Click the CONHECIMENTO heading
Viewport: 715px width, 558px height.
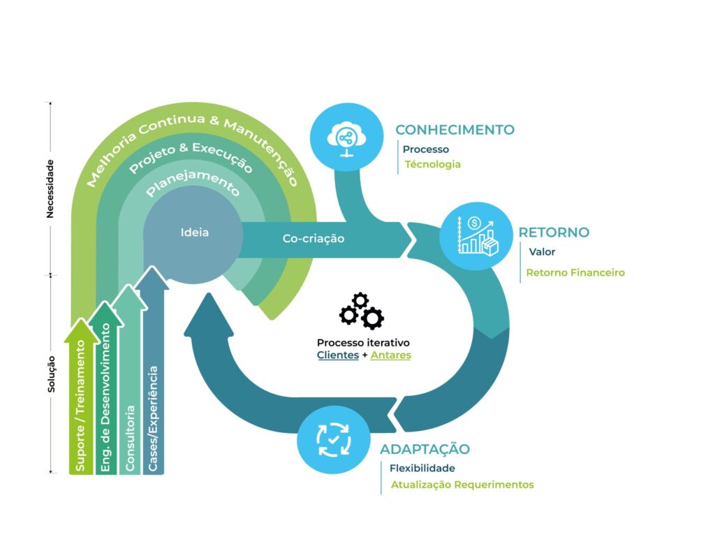click(x=455, y=130)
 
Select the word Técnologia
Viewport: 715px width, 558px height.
click(x=433, y=165)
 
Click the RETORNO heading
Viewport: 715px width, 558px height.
click(x=554, y=233)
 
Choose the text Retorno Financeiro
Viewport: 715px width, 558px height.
click(x=575, y=273)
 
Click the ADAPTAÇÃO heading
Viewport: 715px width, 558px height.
click(x=425, y=449)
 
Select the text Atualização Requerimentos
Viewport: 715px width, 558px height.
click(x=462, y=485)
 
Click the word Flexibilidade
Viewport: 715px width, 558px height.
click(x=422, y=469)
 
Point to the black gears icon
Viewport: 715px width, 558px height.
click(x=362, y=311)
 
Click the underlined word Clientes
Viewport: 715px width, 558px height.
click(x=338, y=355)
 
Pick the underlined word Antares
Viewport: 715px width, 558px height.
click(x=391, y=355)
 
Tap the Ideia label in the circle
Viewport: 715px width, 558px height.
click(x=194, y=233)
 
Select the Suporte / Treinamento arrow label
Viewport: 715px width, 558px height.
click(x=82, y=406)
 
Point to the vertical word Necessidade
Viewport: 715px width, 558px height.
click(x=50, y=189)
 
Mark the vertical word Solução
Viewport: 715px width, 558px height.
click(x=51, y=374)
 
